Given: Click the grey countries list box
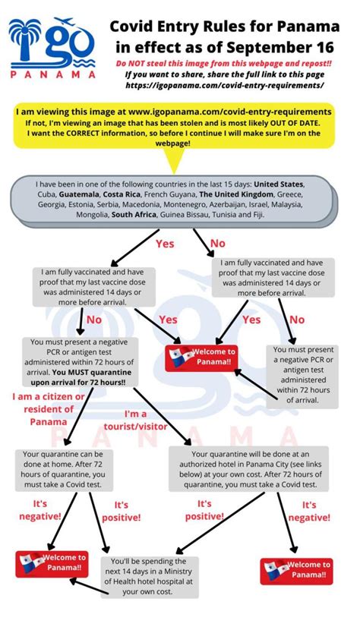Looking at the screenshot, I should click(179, 200).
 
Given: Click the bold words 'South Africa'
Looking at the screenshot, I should click(134, 216).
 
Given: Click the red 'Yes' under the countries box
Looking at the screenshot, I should click(165, 244).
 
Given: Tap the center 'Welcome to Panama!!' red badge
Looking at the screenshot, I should click(201, 358).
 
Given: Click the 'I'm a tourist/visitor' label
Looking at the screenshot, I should click(146, 420).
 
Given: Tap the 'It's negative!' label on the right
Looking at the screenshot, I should click(309, 510).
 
